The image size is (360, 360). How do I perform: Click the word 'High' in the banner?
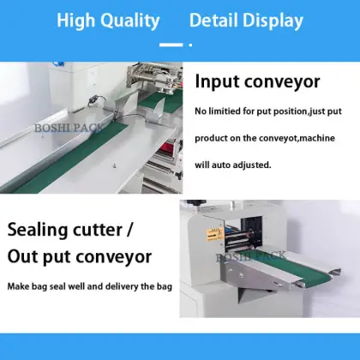coord(75,21)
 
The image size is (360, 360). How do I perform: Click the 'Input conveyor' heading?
coord(257,82)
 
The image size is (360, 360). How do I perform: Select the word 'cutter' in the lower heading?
coord(111,230)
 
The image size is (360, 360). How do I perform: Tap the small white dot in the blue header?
coord(190,41)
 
